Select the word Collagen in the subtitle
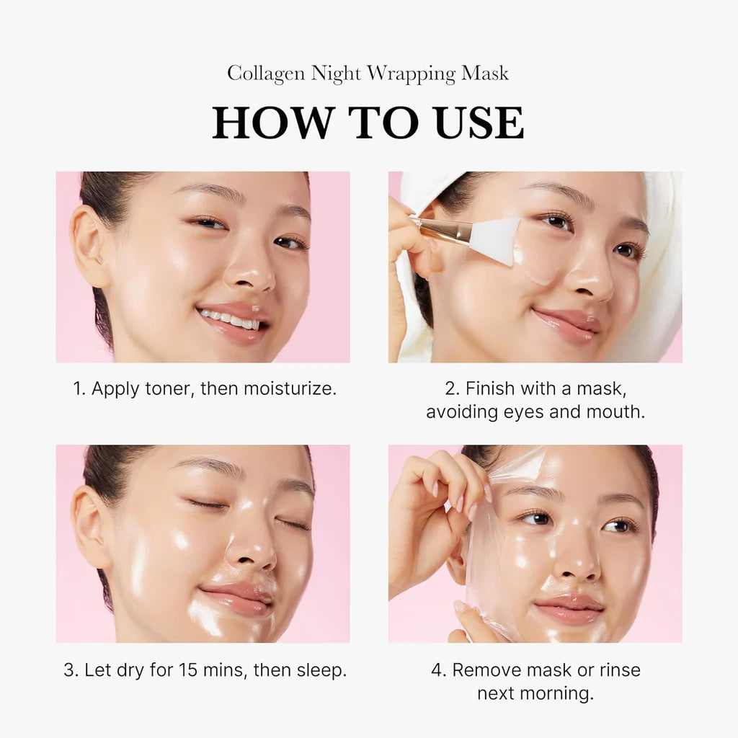tap(265, 74)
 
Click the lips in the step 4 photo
tap(569, 610)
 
